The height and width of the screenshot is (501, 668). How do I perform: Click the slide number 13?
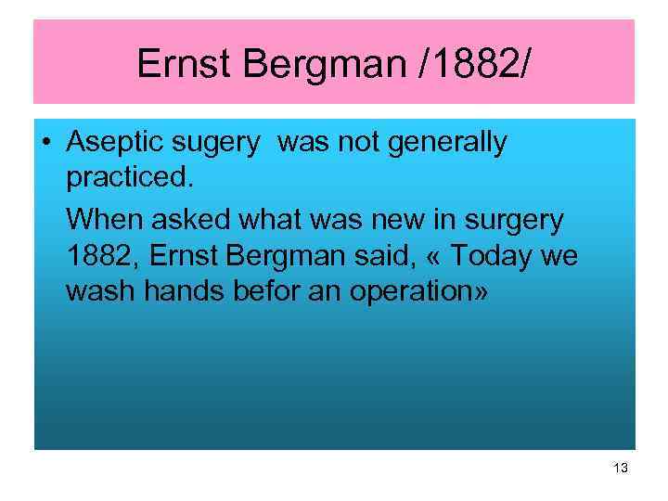pyautogui.click(x=620, y=469)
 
